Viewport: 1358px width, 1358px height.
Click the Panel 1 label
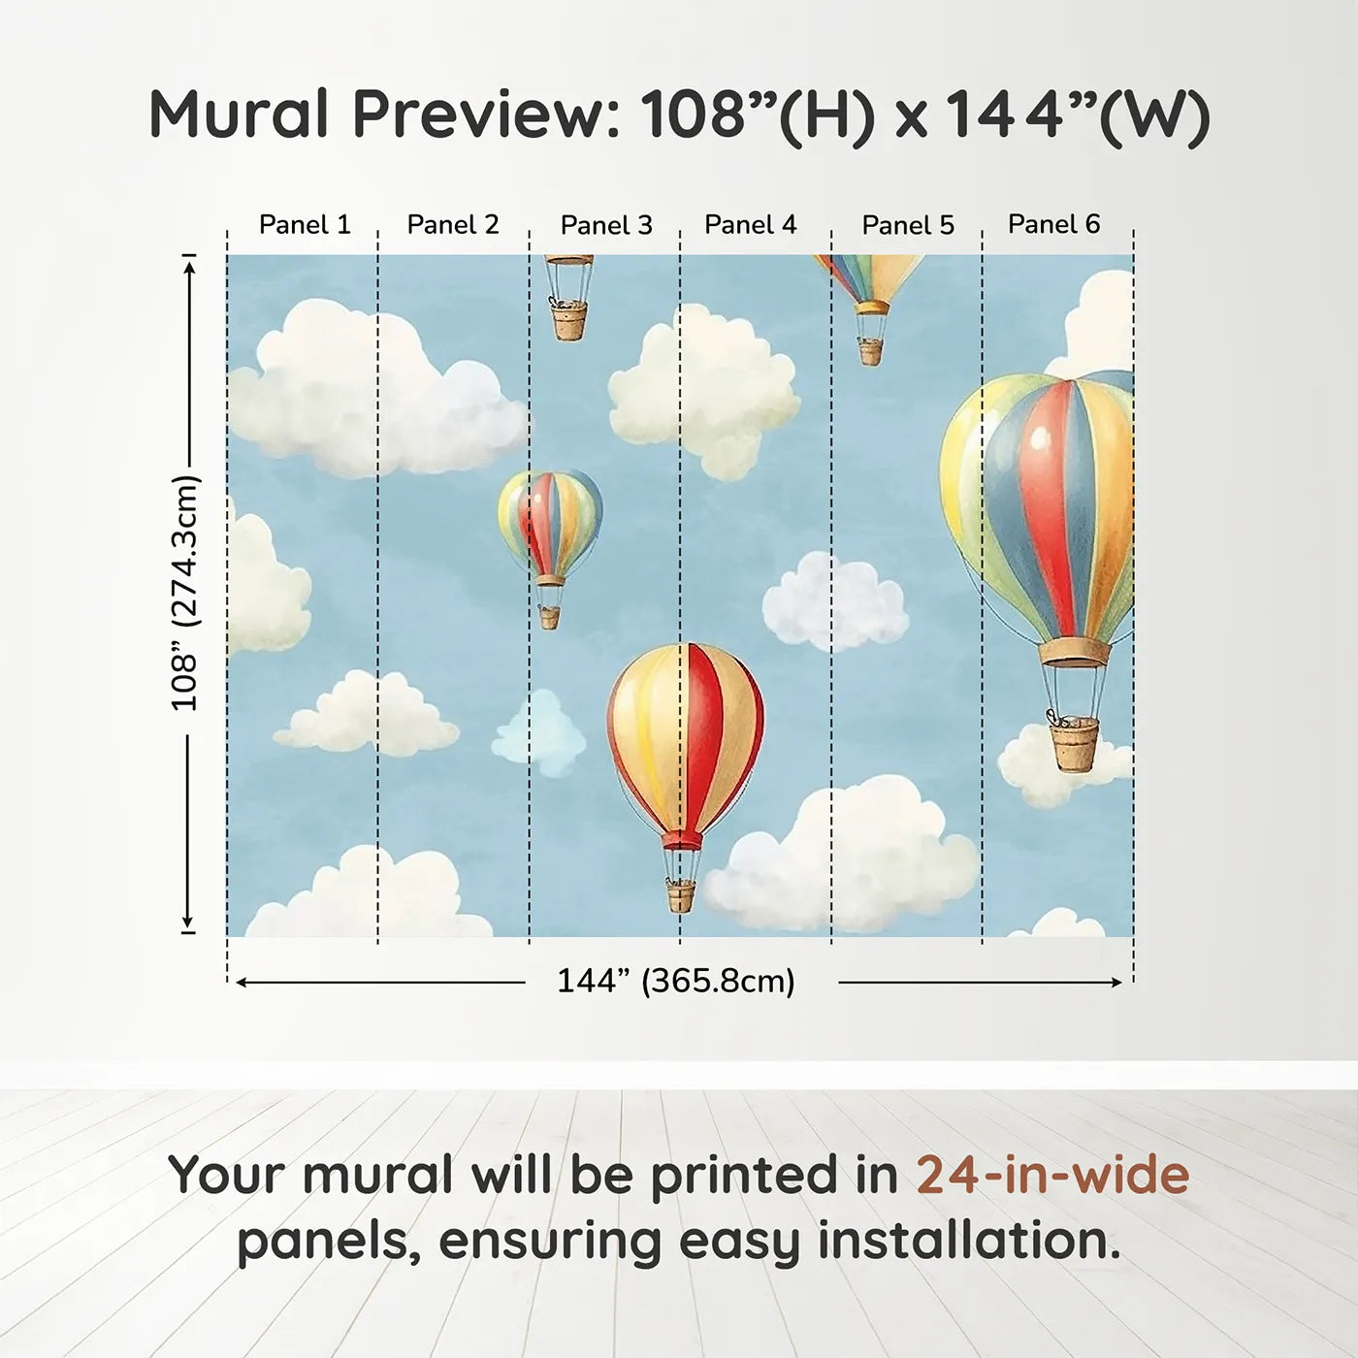[x=305, y=225]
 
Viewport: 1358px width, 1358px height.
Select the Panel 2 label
[x=453, y=225]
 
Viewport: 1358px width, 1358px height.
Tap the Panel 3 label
[x=606, y=225]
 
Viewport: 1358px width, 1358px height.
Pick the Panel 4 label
[x=751, y=225]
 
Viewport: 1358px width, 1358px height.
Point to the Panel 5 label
[x=908, y=225]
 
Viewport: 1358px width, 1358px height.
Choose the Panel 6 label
[x=1053, y=224]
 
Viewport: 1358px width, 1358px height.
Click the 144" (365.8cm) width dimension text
[x=676, y=981]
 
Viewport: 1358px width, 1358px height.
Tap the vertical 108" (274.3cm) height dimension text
[x=185, y=593]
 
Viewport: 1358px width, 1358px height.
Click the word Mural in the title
[x=239, y=113]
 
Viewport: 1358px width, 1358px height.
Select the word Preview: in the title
[x=487, y=114]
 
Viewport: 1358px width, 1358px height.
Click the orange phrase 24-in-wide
[x=1052, y=1175]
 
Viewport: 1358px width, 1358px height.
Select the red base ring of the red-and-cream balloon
[x=681, y=840]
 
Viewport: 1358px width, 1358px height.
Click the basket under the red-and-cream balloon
[x=681, y=896]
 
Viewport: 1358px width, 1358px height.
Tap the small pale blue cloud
[x=540, y=733]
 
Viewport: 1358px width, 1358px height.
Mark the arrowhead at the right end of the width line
[x=1115, y=983]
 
